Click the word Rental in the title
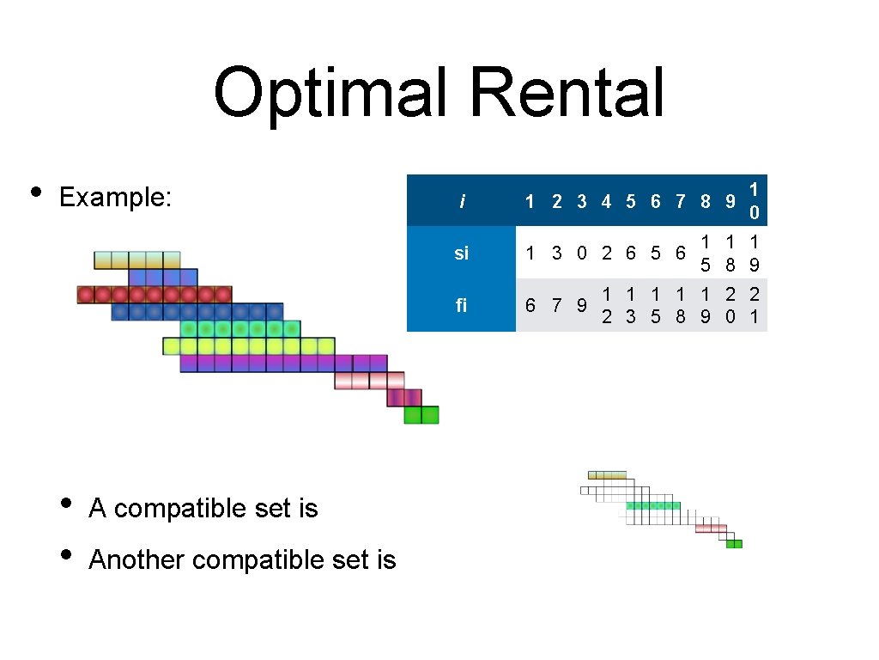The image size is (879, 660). (567, 93)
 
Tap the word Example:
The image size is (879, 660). (116, 198)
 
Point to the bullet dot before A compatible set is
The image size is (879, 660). (64, 503)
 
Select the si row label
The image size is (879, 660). (462, 254)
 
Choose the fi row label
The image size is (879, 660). (462, 305)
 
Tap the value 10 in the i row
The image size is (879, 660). (753, 200)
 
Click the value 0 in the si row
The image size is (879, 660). (581, 254)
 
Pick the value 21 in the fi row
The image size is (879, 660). (753, 305)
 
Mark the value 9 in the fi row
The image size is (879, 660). (581, 305)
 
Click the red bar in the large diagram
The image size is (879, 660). (155, 295)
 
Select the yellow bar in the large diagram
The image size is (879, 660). (249, 346)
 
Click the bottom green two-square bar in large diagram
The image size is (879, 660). (421, 415)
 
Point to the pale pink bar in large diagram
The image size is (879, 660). (369, 381)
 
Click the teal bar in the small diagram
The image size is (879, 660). (653, 506)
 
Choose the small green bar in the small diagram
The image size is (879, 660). (734, 544)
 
